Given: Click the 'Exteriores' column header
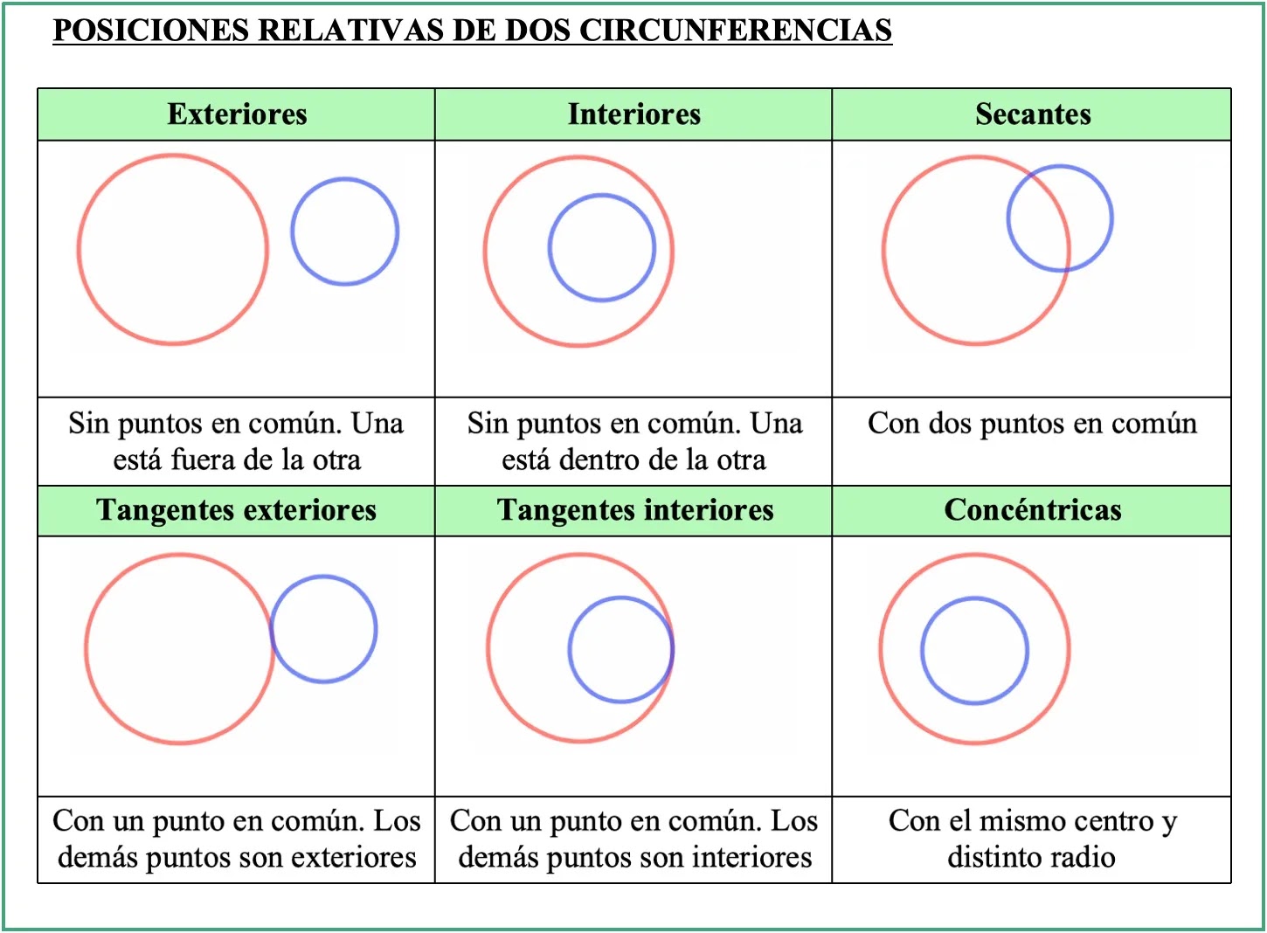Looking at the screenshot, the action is pyautogui.click(x=237, y=114).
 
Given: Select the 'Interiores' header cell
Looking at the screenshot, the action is pyautogui.click(x=633, y=114).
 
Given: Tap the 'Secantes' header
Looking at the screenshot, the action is pyautogui.click(x=1033, y=114).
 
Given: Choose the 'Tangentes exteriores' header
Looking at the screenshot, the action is pyautogui.click(x=236, y=510).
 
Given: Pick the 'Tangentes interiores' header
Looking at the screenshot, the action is pyautogui.click(x=635, y=510).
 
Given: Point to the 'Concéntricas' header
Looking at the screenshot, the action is pyautogui.click(x=1033, y=510).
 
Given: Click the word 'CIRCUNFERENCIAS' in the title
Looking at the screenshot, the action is pyautogui.click(x=735, y=31).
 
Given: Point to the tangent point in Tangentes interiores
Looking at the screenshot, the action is pyautogui.click(x=673, y=649).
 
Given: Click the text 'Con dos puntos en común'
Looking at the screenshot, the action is pyautogui.click(x=1032, y=424).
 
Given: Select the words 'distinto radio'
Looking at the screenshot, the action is pyautogui.click(x=1031, y=857).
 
